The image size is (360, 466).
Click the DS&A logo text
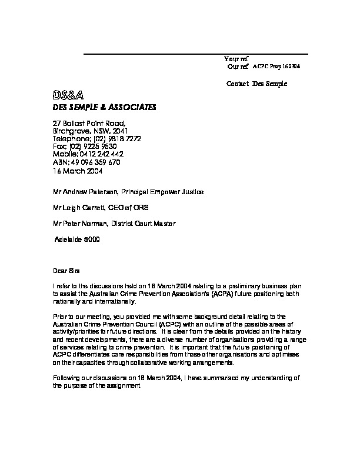(69, 95)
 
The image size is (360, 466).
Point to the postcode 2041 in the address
(119, 131)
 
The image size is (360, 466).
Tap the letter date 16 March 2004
(78, 171)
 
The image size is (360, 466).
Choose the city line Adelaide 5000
(77, 239)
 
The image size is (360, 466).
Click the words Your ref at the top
(236, 59)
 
